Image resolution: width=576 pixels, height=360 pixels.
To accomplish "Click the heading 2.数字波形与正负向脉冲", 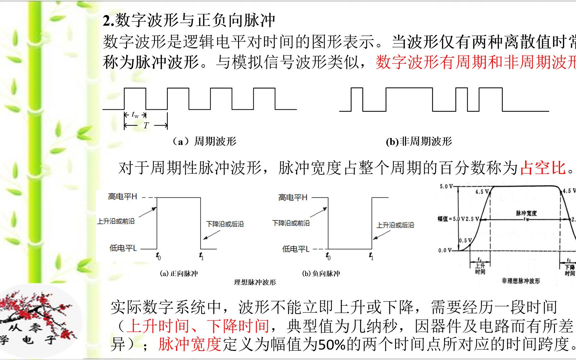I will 189,21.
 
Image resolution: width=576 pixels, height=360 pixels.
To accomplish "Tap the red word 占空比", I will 543,168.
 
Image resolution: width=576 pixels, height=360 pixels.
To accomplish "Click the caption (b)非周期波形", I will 419,142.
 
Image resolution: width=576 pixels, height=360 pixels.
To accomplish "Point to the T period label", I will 146,126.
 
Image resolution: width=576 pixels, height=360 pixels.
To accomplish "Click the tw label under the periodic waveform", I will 135,115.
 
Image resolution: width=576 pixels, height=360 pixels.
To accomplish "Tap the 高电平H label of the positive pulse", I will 122,197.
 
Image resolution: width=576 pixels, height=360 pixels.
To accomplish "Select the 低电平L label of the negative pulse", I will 296,249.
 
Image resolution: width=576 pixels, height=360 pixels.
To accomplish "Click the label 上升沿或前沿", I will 116,221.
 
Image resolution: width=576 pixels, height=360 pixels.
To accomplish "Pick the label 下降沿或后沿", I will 225,224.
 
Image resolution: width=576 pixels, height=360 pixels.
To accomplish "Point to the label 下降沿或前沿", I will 291,223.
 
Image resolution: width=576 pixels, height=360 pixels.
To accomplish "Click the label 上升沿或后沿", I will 395,225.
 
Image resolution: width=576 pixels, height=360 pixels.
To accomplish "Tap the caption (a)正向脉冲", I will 179,274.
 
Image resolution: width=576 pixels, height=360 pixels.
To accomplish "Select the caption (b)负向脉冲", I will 321,274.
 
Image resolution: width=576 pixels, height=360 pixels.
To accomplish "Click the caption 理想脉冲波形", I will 255,282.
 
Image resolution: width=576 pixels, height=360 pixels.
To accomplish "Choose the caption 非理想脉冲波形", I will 520,281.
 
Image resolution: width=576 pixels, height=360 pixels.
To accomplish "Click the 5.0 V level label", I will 446,187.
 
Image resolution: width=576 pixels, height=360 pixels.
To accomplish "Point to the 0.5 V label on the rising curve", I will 465,240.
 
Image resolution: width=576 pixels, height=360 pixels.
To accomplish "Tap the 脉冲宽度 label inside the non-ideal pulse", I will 526,213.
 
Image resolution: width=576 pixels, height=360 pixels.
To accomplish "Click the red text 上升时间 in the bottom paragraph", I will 158,326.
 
